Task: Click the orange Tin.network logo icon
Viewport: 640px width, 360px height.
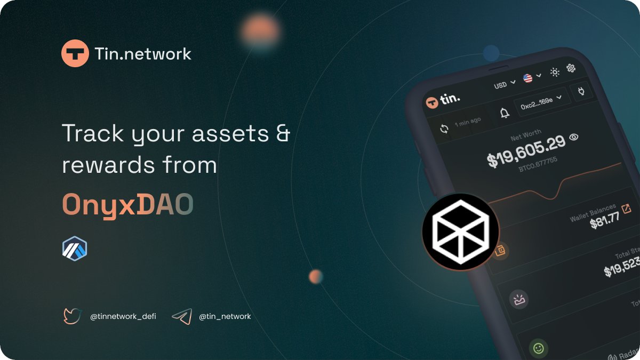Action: [75, 53]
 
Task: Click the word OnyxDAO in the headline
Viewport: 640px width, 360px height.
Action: [127, 204]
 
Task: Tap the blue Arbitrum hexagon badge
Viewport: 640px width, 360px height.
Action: [75, 249]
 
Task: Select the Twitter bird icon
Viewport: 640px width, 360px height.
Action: [72, 316]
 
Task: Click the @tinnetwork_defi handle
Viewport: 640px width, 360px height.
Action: [123, 317]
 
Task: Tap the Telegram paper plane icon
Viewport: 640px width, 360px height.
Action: [182, 317]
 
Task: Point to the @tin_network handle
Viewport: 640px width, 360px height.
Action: [225, 317]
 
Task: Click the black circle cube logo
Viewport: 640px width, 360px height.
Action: [460, 231]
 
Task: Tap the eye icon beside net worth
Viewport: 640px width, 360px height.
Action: [574, 137]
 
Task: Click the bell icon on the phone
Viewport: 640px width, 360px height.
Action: [504, 113]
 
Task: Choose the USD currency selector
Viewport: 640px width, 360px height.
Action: [504, 84]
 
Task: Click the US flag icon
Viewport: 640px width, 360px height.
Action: [528, 78]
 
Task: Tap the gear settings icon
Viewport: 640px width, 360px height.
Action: [571, 68]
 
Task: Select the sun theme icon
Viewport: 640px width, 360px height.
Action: [555, 72]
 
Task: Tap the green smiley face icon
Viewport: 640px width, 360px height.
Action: [539, 349]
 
